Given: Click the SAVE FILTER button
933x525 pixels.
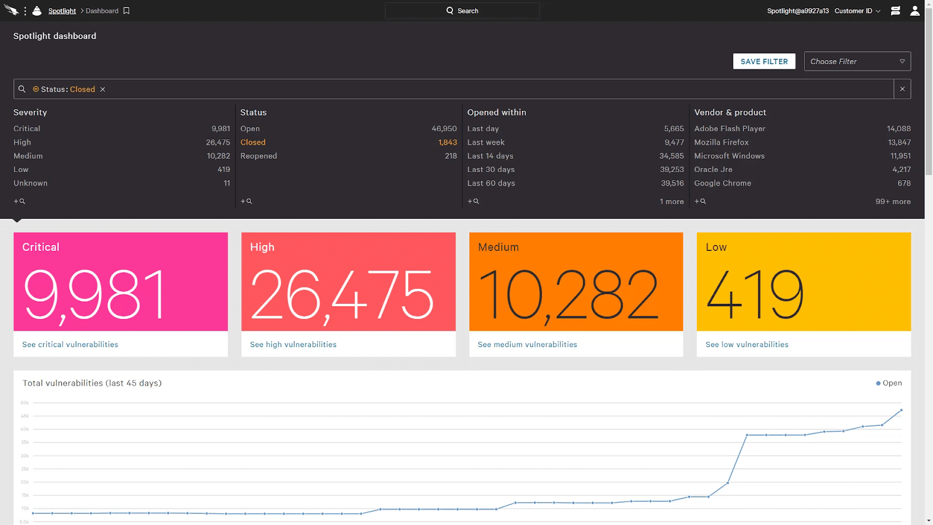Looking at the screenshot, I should (x=764, y=61).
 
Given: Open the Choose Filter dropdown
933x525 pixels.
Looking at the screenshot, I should (x=857, y=61).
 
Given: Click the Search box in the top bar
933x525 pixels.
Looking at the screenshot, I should (x=462, y=10).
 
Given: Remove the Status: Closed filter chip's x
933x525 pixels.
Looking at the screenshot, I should (x=103, y=89).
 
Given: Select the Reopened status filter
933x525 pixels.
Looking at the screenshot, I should (x=258, y=156).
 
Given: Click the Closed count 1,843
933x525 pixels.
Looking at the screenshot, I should (x=447, y=142).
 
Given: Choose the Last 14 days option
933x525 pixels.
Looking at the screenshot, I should (x=490, y=156).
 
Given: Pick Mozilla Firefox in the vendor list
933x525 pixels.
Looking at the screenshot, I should (x=721, y=142).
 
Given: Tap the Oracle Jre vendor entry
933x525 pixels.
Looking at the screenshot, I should (x=713, y=170).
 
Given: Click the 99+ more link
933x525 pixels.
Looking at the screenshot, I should (x=893, y=202).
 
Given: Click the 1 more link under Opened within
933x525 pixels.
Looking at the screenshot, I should (x=672, y=202).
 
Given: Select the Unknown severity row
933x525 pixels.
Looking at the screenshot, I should (x=30, y=183).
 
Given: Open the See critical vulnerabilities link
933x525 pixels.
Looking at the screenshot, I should (x=70, y=345).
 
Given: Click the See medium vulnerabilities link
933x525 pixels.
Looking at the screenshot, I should (x=527, y=345).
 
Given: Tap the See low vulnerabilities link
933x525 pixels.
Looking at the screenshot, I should (x=746, y=345).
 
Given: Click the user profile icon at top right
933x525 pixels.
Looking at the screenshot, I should (x=915, y=10).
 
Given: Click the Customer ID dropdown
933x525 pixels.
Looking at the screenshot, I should (x=857, y=11).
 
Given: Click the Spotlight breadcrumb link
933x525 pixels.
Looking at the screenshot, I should (x=62, y=11).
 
